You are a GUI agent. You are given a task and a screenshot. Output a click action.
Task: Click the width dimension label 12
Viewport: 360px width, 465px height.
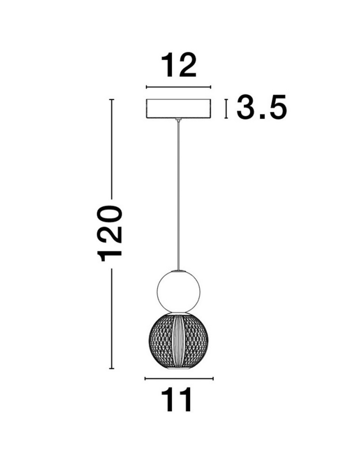point(179,65)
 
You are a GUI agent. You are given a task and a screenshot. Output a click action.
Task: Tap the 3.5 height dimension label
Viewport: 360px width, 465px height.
point(262,107)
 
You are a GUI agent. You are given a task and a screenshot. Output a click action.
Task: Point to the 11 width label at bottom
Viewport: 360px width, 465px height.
point(179,400)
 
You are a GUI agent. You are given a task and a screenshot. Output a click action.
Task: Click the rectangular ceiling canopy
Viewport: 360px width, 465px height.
point(179,108)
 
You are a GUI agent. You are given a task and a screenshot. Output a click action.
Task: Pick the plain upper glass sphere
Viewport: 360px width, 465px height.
point(178,291)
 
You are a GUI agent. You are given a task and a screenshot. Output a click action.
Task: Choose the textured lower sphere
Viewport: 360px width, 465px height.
point(178,341)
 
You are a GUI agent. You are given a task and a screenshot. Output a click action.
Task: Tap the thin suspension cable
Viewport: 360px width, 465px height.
point(178,195)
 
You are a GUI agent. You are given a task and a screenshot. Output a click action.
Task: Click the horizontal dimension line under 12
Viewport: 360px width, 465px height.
point(179,87)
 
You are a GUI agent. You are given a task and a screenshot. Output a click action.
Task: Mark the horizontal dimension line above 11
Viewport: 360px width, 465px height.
point(179,379)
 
